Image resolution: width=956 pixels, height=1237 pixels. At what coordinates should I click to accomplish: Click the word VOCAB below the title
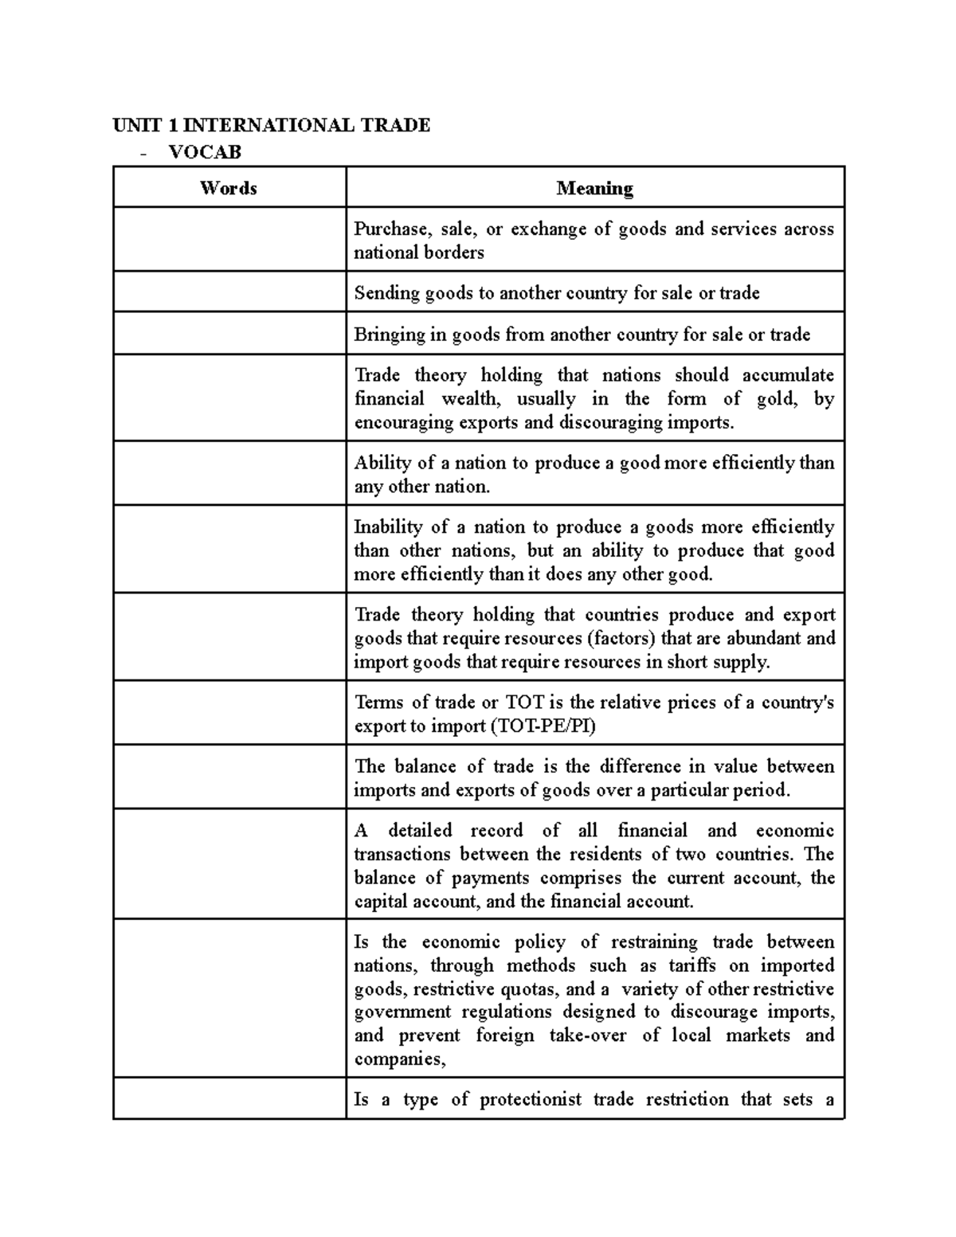(x=205, y=151)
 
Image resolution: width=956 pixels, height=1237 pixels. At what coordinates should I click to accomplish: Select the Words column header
(x=229, y=188)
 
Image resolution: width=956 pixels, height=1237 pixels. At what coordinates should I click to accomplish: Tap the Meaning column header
(x=594, y=188)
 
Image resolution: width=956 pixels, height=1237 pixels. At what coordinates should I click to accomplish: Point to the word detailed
(x=419, y=830)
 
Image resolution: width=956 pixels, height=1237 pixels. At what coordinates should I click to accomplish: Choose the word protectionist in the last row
(x=531, y=1099)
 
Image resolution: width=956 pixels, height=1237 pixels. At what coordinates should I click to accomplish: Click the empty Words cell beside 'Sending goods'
(x=229, y=292)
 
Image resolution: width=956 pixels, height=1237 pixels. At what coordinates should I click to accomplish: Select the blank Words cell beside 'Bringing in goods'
(x=229, y=333)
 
